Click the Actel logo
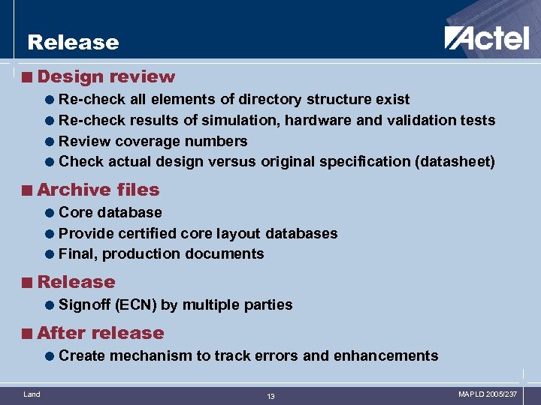click(486, 38)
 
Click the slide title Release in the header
click(73, 43)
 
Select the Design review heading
click(106, 76)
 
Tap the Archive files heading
click(98, 190)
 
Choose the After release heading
click(100, 333)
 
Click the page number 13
click(270, 396)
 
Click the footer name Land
click(32, 394)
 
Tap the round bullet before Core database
click(49, 213)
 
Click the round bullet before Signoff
click(49, 305)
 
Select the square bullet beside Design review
click(28, 77)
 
